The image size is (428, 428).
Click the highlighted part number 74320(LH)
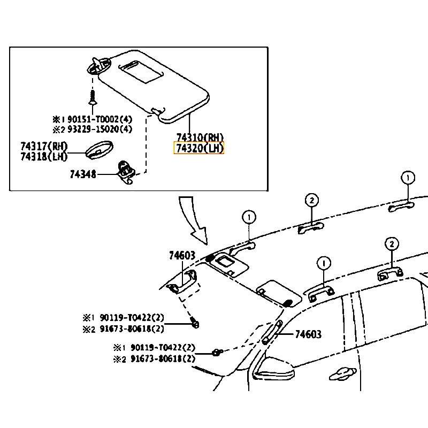(199, 148)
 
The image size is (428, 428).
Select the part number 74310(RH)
(200, 137)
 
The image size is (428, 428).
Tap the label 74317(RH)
(44, 147)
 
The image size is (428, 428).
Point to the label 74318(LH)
(44, 157)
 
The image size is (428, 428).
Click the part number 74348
(83, 174)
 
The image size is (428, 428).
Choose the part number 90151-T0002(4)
(100, 119)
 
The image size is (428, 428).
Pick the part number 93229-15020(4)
(100, 129)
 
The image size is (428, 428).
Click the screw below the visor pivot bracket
(93, 97)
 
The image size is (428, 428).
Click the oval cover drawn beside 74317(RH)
(100, 150)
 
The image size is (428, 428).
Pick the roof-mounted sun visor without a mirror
(279, 294)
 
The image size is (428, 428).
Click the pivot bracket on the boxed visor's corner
(99, 65)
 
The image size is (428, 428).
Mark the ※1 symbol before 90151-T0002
(59, 119)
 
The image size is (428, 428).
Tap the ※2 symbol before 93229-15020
(59, 129)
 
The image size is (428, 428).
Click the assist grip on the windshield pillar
(271, 333)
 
